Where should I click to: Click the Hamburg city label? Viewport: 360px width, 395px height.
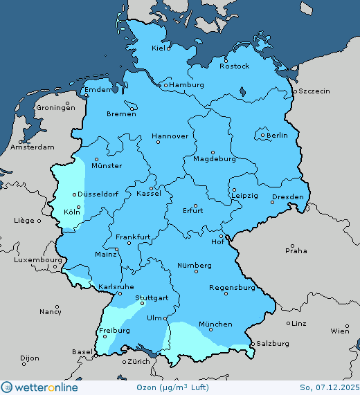coord(187,85)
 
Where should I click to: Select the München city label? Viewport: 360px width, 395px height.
coord(215,324)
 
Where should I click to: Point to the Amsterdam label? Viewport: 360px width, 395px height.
coord(33,147)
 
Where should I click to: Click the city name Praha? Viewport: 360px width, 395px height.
coord(296,250)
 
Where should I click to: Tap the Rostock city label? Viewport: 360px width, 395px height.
coord(234,66)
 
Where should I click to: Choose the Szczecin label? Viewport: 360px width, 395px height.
coord(314,91)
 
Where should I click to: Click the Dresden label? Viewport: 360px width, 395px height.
coord(287,197)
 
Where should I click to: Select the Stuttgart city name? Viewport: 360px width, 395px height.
coord(152,298)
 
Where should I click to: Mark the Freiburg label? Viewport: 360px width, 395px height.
coord(114,331)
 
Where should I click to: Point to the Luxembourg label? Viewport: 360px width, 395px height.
coord(31,260)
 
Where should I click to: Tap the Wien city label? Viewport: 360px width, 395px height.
coord(340,331)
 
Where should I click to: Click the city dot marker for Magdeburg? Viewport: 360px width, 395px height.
coord(213,153)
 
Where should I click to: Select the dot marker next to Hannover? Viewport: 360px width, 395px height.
coord(158,143)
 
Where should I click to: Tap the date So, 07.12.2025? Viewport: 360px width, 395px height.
coord(329,387)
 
